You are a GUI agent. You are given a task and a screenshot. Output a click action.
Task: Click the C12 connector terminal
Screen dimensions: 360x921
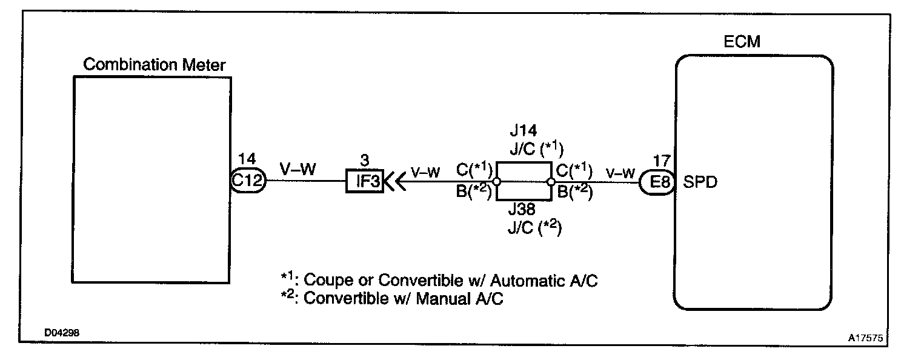pos(248,181)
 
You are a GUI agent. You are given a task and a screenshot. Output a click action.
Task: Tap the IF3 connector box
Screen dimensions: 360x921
pos(365,181)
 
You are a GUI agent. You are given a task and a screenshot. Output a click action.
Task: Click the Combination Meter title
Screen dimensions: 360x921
pos(154,65)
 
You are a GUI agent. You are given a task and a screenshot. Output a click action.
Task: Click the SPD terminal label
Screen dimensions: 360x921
pos(700,182)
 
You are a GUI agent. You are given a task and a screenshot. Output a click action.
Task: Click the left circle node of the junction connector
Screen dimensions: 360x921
pos(496,181)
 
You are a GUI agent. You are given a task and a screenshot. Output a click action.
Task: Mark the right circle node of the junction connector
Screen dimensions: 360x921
pos(551,181)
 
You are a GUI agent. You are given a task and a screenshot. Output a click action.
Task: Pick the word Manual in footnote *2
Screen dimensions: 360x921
pos(446,299)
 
